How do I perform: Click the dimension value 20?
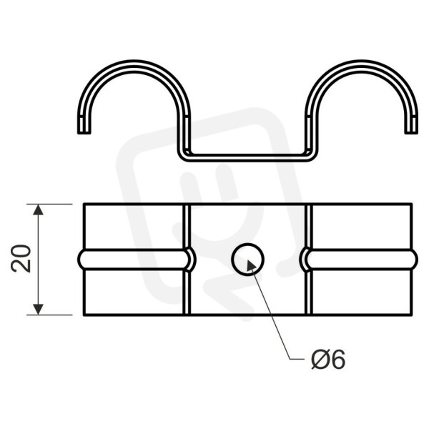pyautogui.click(x=21, y=259)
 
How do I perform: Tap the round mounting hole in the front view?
pyautogui.click(x=247, y=260)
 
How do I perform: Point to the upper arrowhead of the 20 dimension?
pyautogui.click(x=39, y=209)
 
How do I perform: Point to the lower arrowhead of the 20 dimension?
pyautogui.click(x=39, y=309)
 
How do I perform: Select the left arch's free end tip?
pyautogui.click(x=84, y=132)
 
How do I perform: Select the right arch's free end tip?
pyautogui.click(x=412, y=132)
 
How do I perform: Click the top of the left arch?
pyautogui.click(x=134, y=64)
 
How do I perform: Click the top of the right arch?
pyautogui.click(x=362, y=64)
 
